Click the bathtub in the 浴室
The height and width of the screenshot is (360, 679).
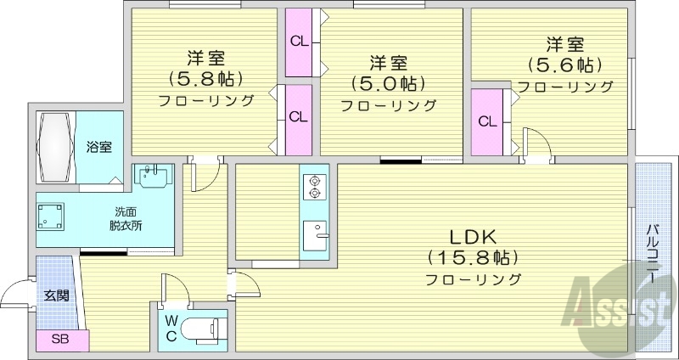[55, 147]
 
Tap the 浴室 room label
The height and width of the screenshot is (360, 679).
[98, 147]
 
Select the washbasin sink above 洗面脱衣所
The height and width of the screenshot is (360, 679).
[153, 176]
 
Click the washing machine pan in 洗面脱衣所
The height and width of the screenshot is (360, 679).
[50, 217]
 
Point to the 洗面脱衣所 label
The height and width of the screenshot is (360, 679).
[126, 219]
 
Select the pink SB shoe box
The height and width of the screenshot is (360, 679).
[62, 340]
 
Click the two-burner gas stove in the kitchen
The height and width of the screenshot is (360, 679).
[313, 187]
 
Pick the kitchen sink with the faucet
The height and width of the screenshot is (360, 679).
[315, 235]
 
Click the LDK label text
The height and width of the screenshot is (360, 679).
[472, 237]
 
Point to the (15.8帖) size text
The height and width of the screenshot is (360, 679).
[473, 258]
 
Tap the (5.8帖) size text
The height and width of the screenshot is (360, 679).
[205, 78]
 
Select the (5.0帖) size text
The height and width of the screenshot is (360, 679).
[387, 82]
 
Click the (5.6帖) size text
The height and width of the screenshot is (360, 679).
[564, 65]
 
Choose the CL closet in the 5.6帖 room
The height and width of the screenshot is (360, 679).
[487, 122]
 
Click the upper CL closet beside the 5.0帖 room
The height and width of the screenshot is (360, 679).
[299, 42]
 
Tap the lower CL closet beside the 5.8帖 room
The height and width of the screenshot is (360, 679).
[299, 119]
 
